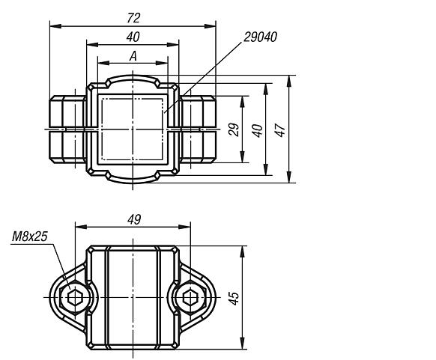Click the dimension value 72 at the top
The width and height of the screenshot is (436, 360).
(x=133, y=17)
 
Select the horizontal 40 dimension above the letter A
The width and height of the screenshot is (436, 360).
(x=133, y=37)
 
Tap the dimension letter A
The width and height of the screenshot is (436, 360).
(x=133, y=56)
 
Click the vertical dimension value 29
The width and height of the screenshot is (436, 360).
(x=233, y=129)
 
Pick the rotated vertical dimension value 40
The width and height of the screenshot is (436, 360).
(x=257, y=129)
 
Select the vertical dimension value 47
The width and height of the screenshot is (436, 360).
(x=281, y=129)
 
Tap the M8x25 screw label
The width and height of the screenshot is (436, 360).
(x=30, y=237)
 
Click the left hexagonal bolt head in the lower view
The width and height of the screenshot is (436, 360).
(x=73, y=298)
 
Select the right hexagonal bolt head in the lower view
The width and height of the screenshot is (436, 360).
(x=192, y=298)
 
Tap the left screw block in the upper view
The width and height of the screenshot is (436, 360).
(x=68, y=129)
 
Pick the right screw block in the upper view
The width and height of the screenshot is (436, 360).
(x=197, y=129)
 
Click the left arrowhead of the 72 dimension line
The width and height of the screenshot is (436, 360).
(x=54, y=26)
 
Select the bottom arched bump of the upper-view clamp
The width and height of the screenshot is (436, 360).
(x=133, y=179)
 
